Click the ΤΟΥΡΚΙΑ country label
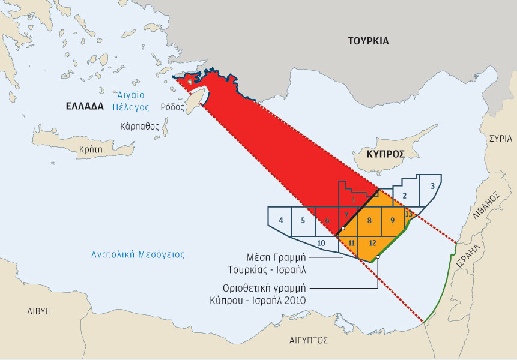click(368, 41)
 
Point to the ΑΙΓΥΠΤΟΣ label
click(308, 340)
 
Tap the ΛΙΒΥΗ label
click(39, 311)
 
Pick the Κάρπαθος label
click(139, 127)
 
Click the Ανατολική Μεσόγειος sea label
click(138, 254)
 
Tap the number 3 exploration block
click(432, 187)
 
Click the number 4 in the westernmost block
click(281, 220)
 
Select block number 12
click(372, 242)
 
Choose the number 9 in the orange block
click(392, 220)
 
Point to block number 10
click(321, 242)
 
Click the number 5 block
click(303, 220)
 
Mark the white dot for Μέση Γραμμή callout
click(342, 229)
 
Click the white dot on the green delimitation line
click(378, 257)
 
